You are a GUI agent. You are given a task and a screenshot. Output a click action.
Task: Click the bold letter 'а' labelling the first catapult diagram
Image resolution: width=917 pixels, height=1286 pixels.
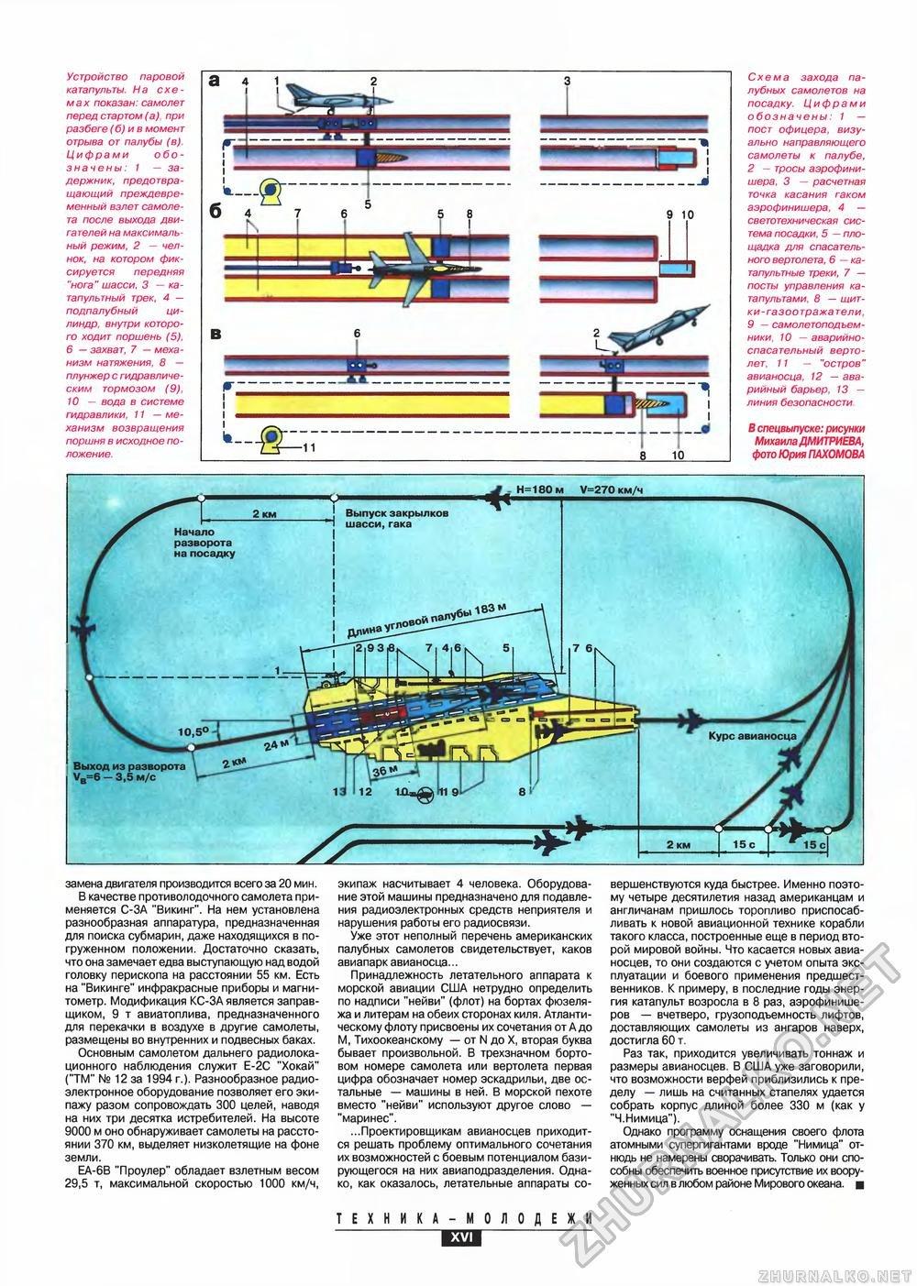214,81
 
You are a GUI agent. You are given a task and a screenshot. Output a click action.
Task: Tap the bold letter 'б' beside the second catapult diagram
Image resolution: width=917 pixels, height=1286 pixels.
214,211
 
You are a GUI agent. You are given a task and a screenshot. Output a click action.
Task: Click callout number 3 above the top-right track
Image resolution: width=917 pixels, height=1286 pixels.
569,82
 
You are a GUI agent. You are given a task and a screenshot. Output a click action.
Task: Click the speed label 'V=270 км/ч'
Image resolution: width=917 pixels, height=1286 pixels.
612,489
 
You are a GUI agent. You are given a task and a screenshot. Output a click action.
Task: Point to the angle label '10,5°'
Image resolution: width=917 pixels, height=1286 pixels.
193,731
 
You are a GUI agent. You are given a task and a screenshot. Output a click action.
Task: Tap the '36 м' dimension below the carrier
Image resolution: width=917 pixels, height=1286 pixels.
385,770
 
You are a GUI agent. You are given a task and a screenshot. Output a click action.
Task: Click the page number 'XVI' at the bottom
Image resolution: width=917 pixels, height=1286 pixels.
456,1237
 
